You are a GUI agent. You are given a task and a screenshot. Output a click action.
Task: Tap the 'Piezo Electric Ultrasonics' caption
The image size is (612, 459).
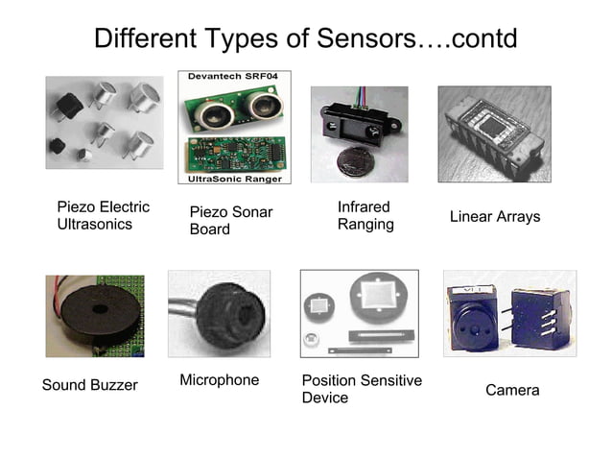104,216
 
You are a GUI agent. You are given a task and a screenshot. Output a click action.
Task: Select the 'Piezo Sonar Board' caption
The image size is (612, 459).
231,221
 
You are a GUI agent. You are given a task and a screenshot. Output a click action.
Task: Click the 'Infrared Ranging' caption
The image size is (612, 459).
365,216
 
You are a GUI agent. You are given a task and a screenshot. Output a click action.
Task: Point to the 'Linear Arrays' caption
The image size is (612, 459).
495,217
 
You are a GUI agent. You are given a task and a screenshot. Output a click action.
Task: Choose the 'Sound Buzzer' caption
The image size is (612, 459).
90,385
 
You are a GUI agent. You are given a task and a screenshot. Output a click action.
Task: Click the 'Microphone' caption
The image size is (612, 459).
220,380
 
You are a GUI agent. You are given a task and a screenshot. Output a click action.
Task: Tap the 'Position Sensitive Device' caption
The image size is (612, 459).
362,389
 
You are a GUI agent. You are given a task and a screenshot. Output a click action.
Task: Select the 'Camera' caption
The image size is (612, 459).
512,391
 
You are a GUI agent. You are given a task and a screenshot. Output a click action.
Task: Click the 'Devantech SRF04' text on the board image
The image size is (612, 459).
235,77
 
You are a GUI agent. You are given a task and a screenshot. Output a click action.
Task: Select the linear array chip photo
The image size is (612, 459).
493,134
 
